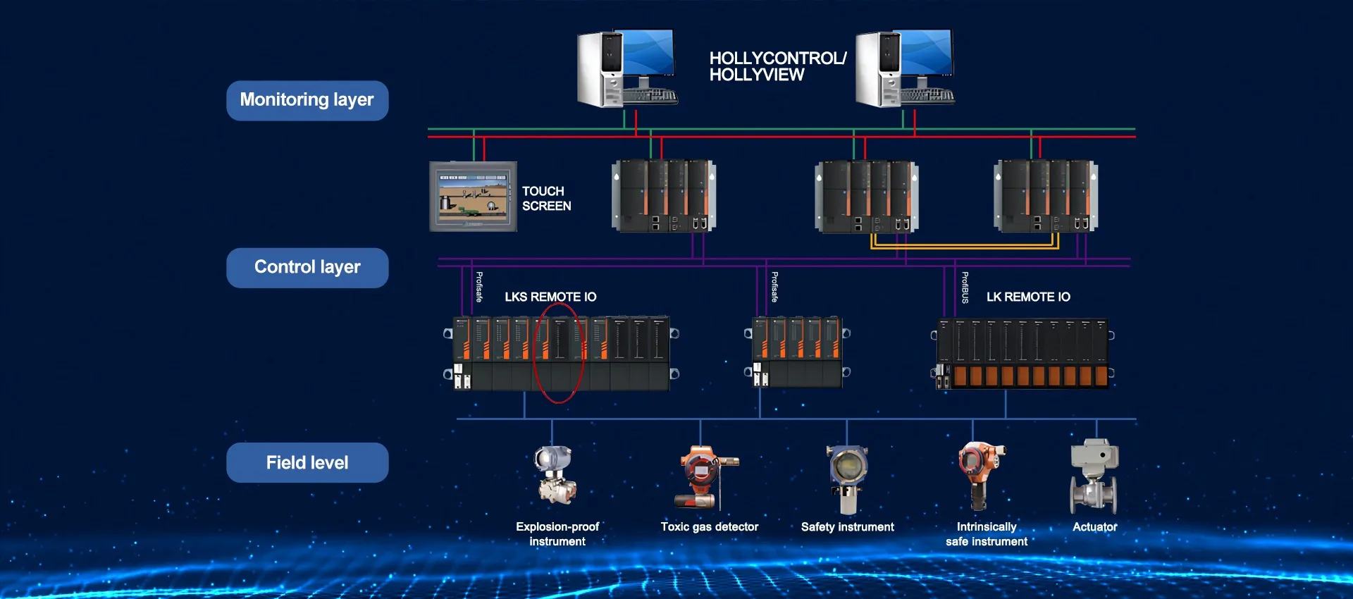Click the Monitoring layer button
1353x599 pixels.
[x=307, y=100]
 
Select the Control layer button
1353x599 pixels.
[x=307, y=268]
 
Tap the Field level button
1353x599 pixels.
[x=307, y=462]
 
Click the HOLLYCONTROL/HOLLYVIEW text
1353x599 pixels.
[x=777, y=66]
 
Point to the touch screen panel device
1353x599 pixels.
[x=473, y=197]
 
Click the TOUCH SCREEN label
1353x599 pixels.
[x=546, y=199]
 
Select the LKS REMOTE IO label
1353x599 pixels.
[x=550, y=297]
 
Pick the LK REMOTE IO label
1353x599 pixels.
[x=1028, y=297]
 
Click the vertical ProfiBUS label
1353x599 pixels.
[x=965, y=288]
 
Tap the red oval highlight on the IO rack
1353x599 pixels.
[x=558, y=352]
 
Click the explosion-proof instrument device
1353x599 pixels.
[x=555, y=475]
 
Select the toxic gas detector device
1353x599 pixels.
[x=705, y=476]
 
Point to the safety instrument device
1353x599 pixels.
[x=848, y=477]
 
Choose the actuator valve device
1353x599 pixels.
[x=1094, y=476]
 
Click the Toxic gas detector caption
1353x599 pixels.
[x=710, y=526]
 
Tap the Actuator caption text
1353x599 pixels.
[x=1094, y=526]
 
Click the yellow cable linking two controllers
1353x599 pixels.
[x=965, y=247]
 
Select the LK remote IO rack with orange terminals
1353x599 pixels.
[x=1023, y=354]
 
